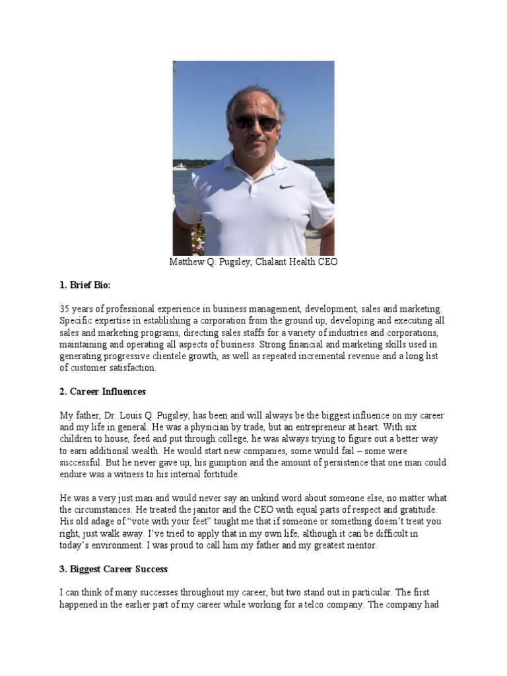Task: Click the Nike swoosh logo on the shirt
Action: [287, 187]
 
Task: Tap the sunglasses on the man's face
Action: [255, 123]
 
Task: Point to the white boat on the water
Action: [180, 167]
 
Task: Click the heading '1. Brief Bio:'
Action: [85, 285]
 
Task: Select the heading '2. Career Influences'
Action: [102, 391]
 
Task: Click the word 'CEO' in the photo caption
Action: [327, 262]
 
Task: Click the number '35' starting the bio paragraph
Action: [65, 309]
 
